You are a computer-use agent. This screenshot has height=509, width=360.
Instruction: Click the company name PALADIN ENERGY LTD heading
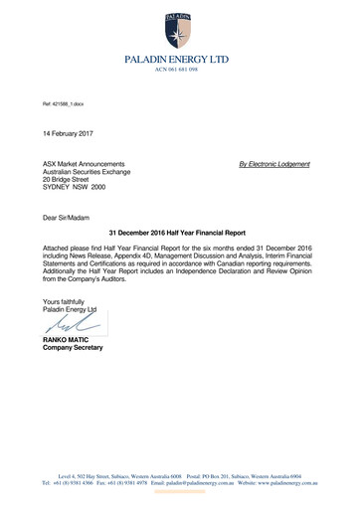(x=176, y=60)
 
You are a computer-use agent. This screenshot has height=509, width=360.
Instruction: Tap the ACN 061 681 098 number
(x=176, y=71)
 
